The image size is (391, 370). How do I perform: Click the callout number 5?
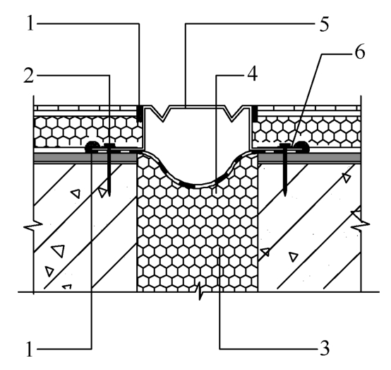point(324,24)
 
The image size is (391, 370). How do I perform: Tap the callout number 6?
point(360,52)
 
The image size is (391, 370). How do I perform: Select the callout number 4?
point(252,74)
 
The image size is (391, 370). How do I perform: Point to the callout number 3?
point(325,348)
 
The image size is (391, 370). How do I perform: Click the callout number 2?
point(29,76)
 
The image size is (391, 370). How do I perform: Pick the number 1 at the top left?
point(30,23)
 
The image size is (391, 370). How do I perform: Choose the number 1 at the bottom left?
point(30,349)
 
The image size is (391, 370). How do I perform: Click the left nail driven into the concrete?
point(109,170)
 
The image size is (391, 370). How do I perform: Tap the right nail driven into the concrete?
point(284,170)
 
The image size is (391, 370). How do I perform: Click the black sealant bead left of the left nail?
point(92,146)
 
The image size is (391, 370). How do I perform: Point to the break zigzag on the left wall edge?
point(33,226)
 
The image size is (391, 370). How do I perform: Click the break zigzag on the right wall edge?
point(360,226)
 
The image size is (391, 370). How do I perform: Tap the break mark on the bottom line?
point(200,291)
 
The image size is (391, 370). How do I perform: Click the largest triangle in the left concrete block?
point(59,250)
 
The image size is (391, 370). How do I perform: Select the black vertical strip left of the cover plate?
point(140,113)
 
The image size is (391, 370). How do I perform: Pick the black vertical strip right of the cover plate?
point(255,113)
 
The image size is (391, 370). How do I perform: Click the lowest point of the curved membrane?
point(197,186)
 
